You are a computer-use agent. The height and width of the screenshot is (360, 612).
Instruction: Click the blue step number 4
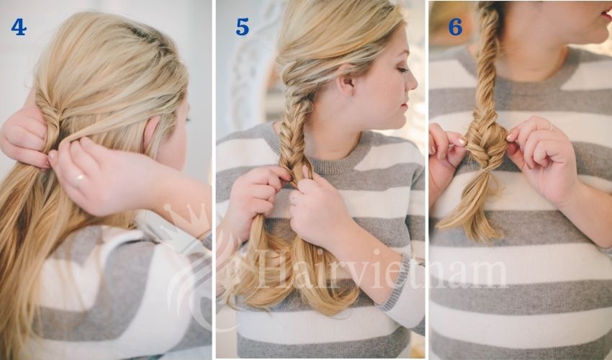pos(19,27)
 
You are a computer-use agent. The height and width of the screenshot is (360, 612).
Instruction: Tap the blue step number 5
pos(242,27)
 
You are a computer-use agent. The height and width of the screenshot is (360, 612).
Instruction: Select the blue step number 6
pos(455,27)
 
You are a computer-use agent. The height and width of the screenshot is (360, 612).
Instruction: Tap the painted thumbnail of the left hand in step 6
pos(458,142)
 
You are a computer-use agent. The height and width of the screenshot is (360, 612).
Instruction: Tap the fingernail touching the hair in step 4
pos(53,155)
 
